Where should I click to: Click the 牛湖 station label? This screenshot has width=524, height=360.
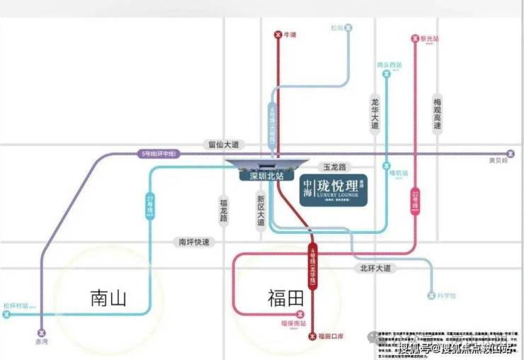[x=288, y=33]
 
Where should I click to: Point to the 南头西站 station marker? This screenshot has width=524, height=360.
[x=386, y=73]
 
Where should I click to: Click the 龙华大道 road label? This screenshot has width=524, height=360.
[x=375, y=113]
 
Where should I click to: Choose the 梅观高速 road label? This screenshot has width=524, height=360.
[x=437, y=115]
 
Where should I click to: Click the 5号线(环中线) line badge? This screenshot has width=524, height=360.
[x=159, y=153]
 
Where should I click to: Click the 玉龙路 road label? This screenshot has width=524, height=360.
[x=334, y=167]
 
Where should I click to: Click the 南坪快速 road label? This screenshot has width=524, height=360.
[x=192, y=242]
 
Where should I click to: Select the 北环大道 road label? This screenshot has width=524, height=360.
[x=376, y=269]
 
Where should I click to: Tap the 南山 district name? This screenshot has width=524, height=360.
[x=108, y=298]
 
